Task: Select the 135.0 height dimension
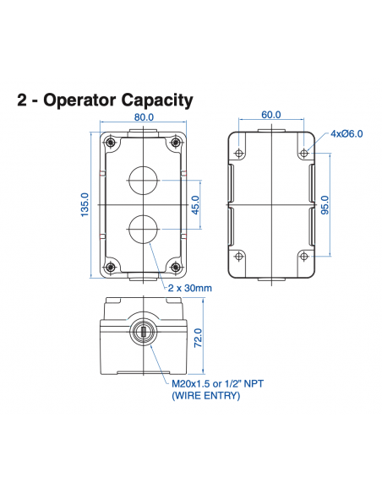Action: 85,204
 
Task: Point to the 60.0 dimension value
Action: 270,115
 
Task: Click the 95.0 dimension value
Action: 325,204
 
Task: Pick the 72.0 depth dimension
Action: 199,338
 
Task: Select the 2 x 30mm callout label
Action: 190,289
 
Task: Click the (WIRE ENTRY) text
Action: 205,395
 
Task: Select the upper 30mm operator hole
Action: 141,179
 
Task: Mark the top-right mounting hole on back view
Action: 303,154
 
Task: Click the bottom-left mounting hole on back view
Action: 239,256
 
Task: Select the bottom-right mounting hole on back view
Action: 303,256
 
